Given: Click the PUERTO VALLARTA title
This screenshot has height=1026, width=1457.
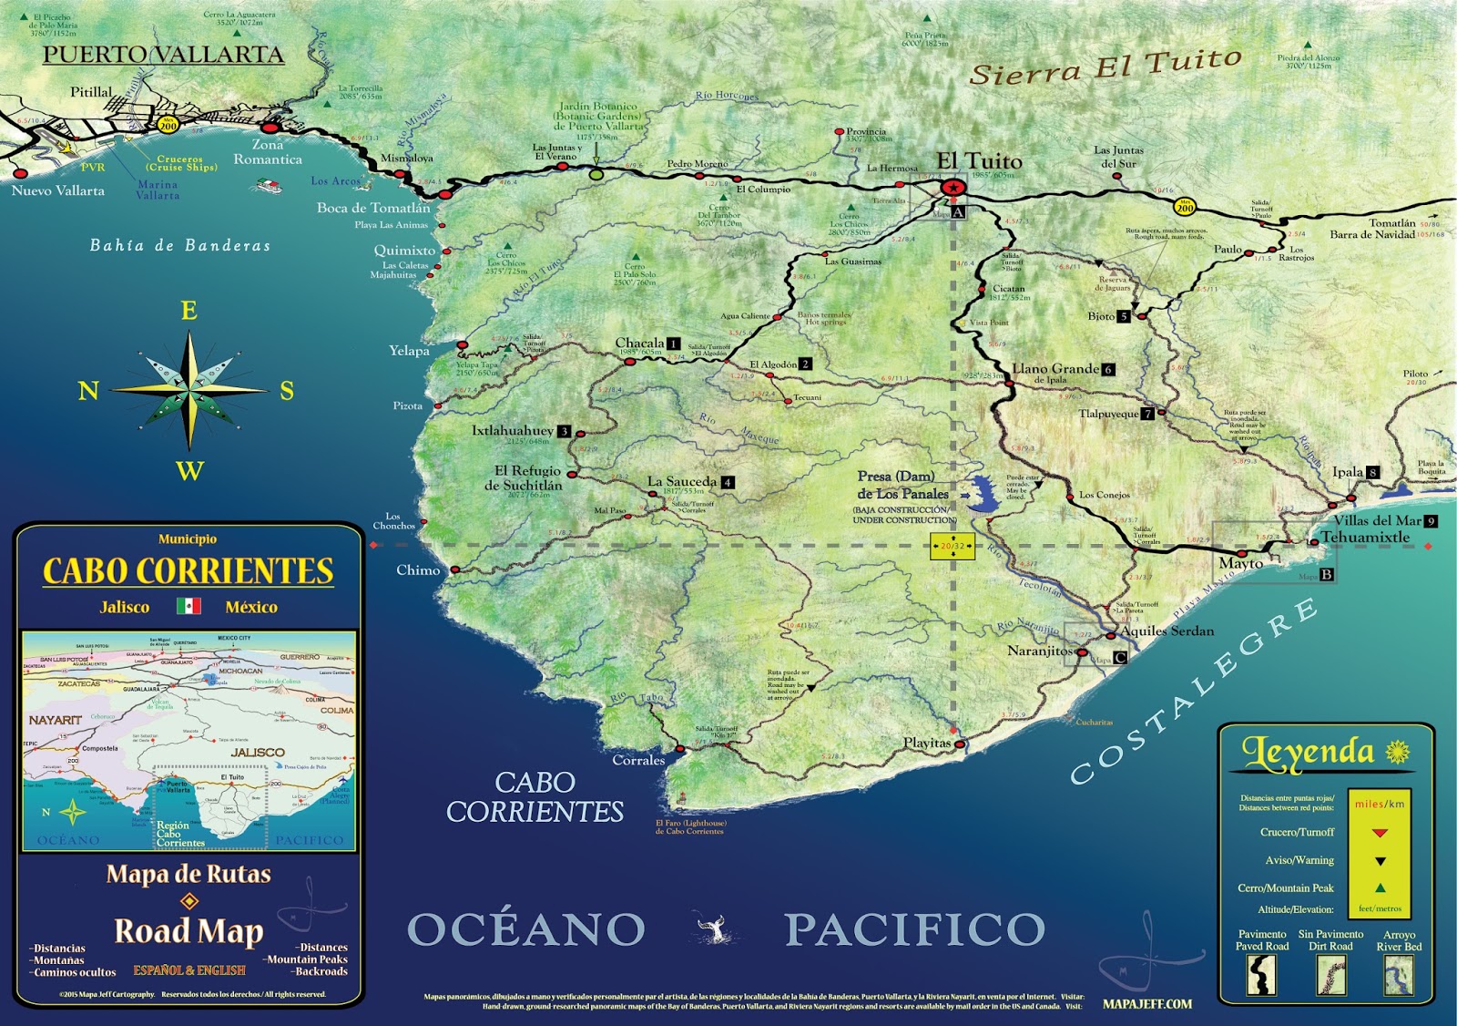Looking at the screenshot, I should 163,55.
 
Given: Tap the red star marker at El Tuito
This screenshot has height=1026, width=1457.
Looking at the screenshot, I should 953,188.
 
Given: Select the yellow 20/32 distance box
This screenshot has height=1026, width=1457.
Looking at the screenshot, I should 953,547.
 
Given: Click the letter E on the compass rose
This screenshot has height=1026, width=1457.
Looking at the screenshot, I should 188,311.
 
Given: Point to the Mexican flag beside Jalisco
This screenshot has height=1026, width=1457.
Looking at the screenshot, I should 188,606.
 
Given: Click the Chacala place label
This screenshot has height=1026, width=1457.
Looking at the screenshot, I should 639,344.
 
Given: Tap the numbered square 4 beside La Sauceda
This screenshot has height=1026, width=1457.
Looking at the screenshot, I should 727,482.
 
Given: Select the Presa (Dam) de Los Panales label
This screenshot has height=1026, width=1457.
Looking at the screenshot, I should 902,485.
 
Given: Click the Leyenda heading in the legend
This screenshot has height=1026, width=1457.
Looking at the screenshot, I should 1309,753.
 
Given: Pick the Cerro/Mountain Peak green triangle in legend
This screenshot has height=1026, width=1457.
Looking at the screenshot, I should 1381,887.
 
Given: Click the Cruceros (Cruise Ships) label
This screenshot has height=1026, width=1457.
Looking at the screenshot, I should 181,163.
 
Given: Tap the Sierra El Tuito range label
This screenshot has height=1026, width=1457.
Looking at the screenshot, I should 1105,67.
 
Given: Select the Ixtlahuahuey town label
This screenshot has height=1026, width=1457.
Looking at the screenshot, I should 513,431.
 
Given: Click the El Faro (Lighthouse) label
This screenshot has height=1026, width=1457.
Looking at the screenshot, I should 691,826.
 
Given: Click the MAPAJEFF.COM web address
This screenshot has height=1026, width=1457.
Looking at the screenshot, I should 1146,1004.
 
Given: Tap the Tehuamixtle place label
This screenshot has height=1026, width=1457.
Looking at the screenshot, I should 1365,538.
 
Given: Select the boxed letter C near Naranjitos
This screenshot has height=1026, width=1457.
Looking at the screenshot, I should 1120,658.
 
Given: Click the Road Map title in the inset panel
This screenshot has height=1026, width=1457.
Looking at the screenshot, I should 188,931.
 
